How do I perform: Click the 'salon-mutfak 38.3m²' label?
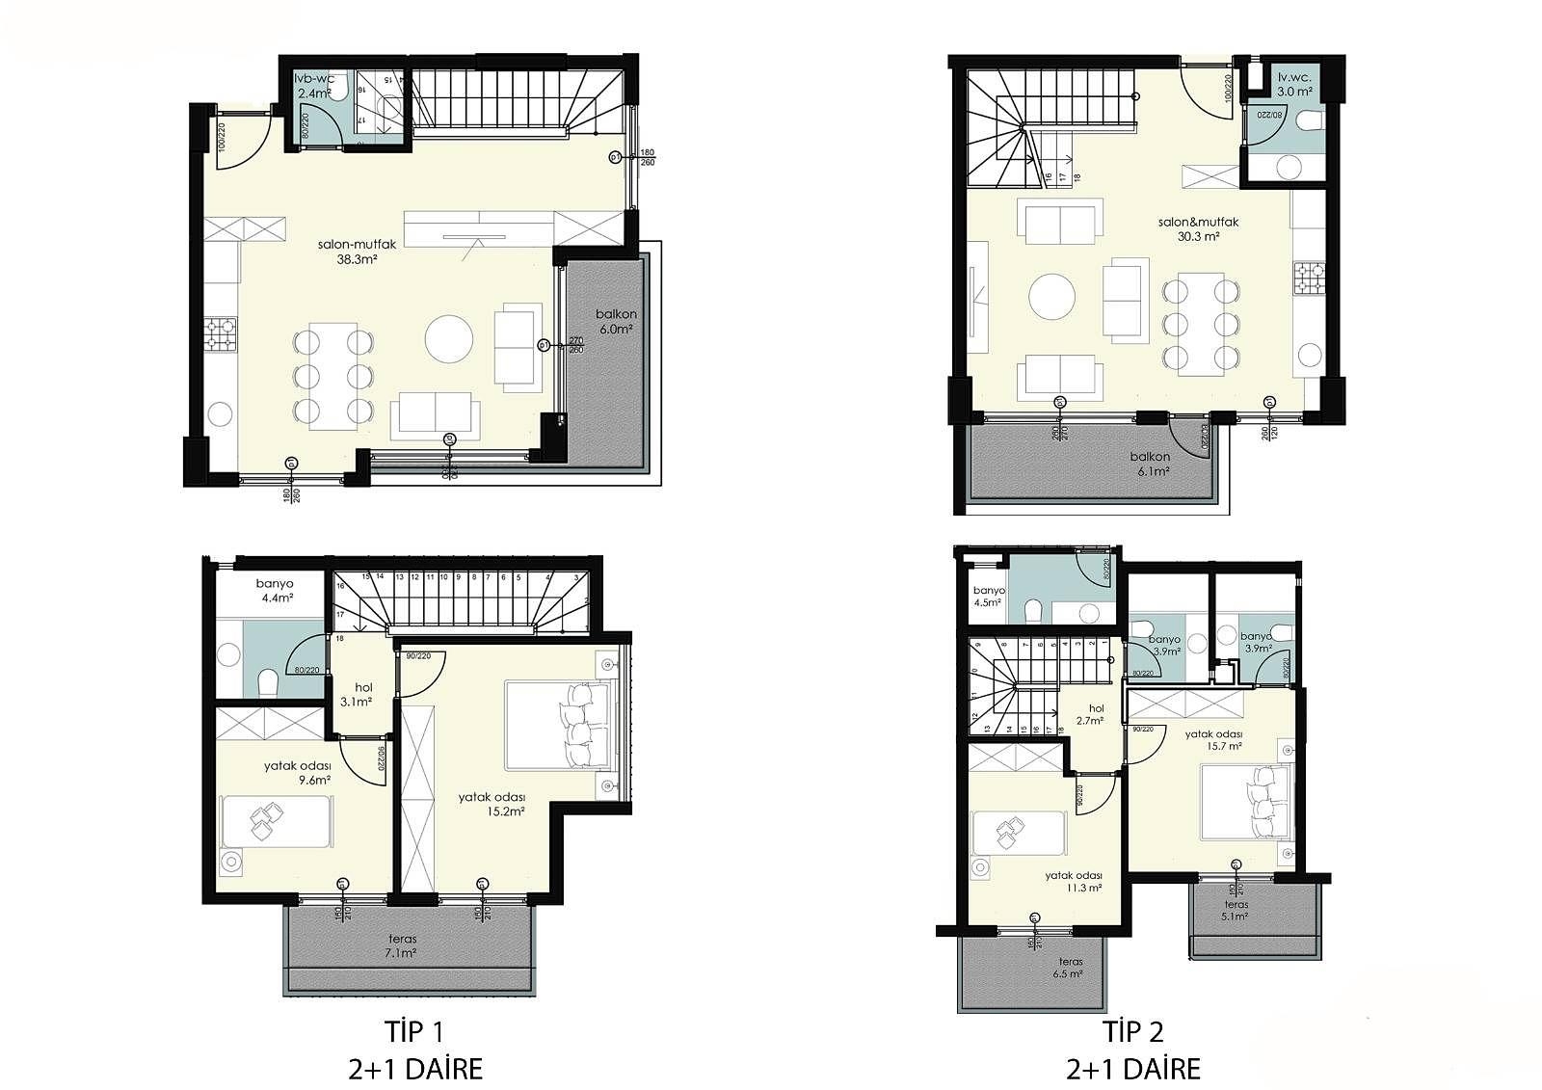(357, 252)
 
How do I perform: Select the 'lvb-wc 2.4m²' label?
(316, 87)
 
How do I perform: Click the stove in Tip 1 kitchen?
(221, 334)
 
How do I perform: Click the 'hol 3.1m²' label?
(356, 694)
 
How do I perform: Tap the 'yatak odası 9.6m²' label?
(298, 773)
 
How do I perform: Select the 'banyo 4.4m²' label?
(275, 590)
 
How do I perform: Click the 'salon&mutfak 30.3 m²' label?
(1198, 228)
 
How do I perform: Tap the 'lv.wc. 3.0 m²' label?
(1294, 85)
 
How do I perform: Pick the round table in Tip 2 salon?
(1051, 297)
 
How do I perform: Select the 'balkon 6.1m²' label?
(1152, 464)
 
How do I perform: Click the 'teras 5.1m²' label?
(1236, 911)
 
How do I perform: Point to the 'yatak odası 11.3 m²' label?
(1075, 882)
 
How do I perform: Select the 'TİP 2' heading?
(1132, 1032)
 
